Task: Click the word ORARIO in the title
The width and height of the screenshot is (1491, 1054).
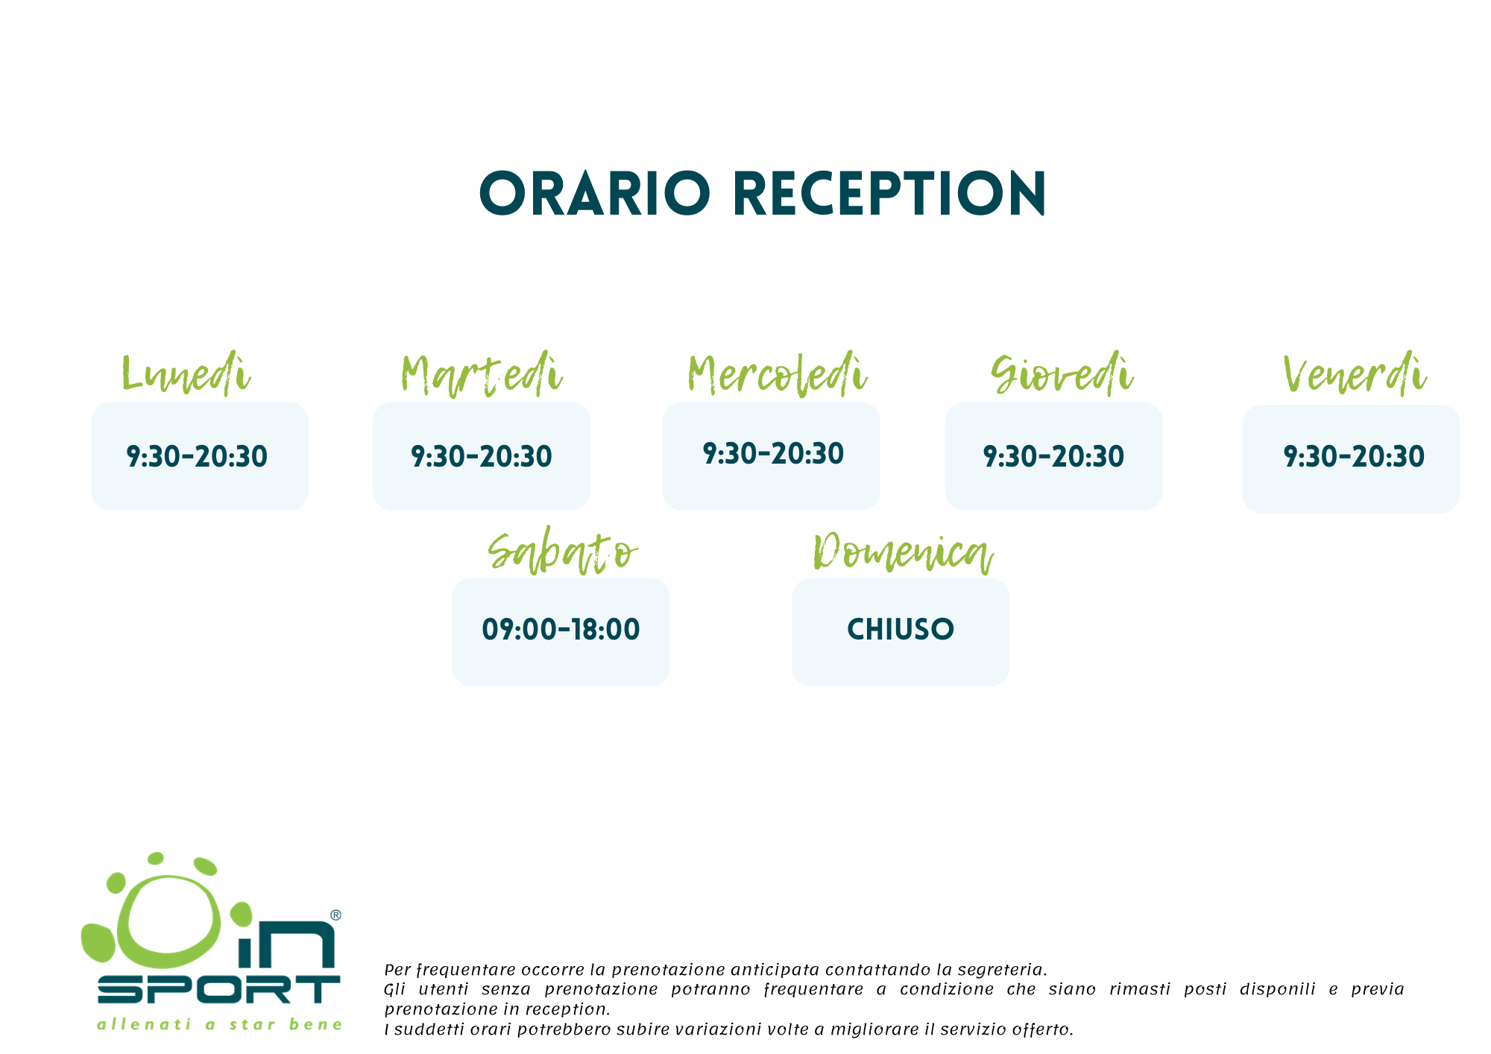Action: (x=594, y=194)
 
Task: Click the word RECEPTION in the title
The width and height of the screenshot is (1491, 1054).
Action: (x=890, y=194)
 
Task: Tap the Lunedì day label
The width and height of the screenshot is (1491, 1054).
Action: (x=186, y=373)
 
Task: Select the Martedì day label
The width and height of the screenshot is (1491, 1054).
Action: (x=481, y=373)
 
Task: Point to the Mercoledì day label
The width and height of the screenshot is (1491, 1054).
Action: (x=777, y=373)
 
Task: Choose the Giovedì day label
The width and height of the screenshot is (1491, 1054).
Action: (x=1062, y=373)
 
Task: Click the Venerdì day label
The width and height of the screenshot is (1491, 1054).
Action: (x=1355, y=373)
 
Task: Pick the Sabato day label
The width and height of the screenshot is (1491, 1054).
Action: (x=563, y=552)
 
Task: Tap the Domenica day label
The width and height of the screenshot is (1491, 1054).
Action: (x=903, y=552)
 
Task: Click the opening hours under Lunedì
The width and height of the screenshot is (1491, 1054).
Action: (x=197, y=456)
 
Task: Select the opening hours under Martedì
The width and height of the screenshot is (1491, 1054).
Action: (x=482, y=456)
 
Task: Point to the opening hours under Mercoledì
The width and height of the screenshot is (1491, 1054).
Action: (x=773, y=453)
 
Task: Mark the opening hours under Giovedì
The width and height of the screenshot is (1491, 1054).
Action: (x=1053, y=456)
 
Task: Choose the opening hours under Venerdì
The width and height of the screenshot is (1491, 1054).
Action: (x=1354, y=456)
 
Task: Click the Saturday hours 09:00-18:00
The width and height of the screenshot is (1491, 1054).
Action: (x=561, y=629)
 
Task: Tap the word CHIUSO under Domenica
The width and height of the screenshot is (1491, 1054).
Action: (x=901, y=629)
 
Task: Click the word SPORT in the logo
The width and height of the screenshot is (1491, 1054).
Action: (x=219, y=989)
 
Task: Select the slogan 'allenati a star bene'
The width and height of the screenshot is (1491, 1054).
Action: (x=220, y=1024)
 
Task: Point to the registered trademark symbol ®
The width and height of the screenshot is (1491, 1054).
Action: (x=335, y=915)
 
